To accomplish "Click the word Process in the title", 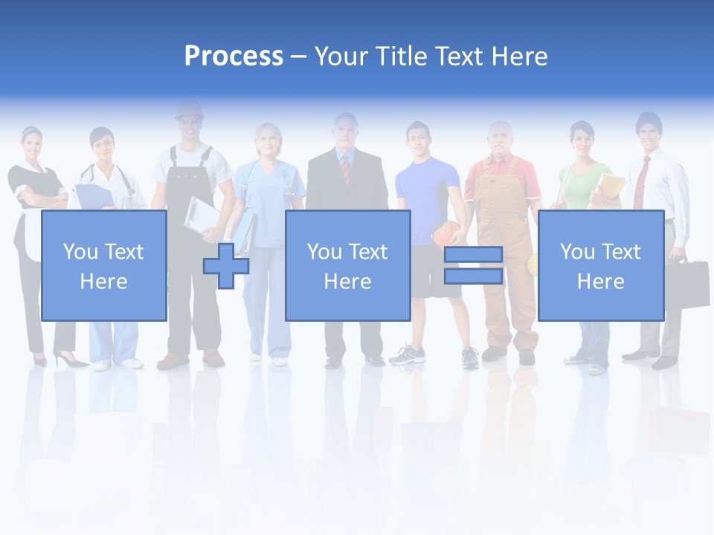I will (234, 56).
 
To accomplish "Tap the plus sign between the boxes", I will (226, 265).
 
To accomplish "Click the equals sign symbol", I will (473, 265).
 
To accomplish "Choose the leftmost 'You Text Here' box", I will (104, 265).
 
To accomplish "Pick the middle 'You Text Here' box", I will (347, 265).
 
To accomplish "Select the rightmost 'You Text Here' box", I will (600, 265).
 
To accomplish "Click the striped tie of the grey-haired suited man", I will (345, 168).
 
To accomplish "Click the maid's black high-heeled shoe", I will (70, 361).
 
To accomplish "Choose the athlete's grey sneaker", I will (407, 354).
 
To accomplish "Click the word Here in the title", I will (519, 56).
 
